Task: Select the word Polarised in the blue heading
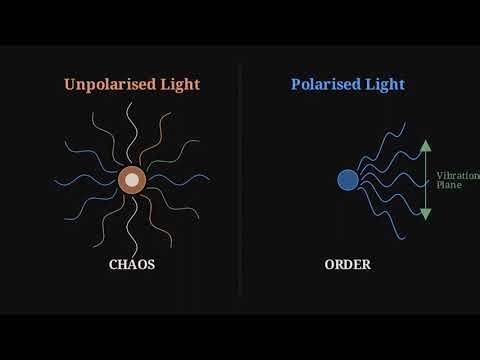pyautogui.click(x=326, y=85)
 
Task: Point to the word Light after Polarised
pyautogui.click(x=385, y=85)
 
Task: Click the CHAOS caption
pyautogui.click(x=132, y=265)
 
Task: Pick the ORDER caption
pyautogui.click(x=348, y=265)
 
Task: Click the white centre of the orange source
pyautogui.click(x=132, y=180)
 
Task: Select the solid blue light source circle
pyautogui.click(x=348, y=180)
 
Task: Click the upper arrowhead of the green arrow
pyautogui.click(x=425, y=146)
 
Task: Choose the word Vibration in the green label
pyautogui.click(x=456, y=176)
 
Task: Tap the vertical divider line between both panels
pyautogui.click(x=240, y=180)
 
